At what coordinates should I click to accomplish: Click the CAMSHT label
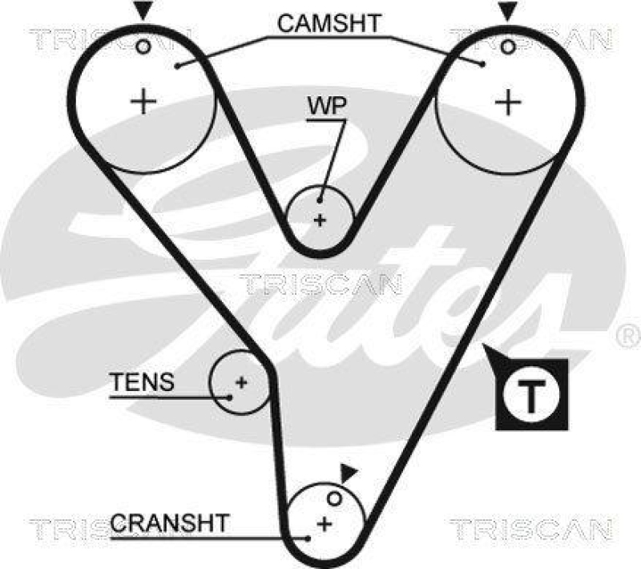click(329, 24)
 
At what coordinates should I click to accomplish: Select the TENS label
click(142, 382)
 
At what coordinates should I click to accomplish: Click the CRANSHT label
click(169, 524)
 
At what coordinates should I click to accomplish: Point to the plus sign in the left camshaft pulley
click(143, 102)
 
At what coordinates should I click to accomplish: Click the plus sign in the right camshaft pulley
click(506, 102)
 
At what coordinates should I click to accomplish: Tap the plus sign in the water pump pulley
click(320, 220)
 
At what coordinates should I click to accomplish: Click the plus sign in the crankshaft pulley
click(325, 524)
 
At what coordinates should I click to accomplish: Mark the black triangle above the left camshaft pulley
click(142, 11)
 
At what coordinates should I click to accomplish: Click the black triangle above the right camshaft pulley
click(506, 11)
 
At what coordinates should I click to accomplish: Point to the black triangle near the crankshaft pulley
click(346, 473)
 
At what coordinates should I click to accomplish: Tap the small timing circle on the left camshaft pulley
click(143, 46)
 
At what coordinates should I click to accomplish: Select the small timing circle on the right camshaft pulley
click(506, 46)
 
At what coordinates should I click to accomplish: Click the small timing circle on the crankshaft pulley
click(336, 499)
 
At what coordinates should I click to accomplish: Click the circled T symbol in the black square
click(532, 393)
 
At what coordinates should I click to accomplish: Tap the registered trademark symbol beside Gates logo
click(627, 332)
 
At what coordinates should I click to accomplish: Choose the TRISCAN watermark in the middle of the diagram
click(320, 284)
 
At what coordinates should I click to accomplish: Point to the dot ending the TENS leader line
click(229, 395)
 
